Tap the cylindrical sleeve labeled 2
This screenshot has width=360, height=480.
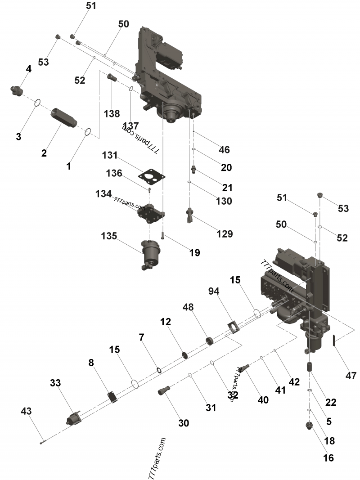click(x=64, y=118)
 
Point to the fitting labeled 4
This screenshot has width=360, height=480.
click(x=17, y=90)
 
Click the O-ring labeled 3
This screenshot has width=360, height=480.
click(x=37, y=103)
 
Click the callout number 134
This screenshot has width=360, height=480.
click(x=103, y=193)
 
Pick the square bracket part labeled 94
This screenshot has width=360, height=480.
click(x=234, y=327)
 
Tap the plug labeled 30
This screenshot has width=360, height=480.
click(x=164, y=390)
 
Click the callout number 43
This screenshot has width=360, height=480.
click(x=27, y=411)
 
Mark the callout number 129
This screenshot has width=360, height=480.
click(x=225, y=233)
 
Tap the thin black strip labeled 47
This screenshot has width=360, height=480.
click(x=334, y=341)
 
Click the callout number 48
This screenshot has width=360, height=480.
click(x=189, y=307)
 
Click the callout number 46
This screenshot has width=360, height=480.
click(x=224, y=149)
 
